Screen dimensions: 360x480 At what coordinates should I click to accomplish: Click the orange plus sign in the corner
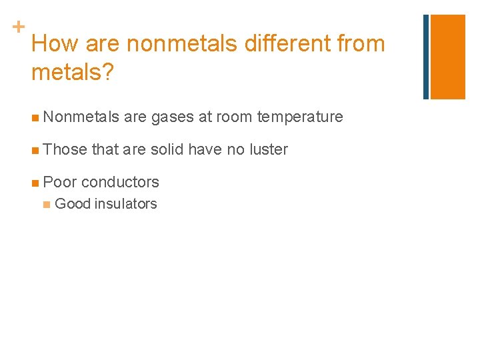[18, 27]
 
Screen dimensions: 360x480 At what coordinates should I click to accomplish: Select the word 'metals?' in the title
[73, 71]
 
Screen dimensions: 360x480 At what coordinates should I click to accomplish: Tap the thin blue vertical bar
[426, 57]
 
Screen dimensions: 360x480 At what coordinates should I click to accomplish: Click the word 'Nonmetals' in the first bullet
[81, 117]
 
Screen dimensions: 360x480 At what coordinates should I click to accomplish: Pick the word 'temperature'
[301, 118]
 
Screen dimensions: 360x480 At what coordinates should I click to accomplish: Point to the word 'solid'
[167, 149]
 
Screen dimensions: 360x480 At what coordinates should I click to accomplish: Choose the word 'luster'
[269, 149]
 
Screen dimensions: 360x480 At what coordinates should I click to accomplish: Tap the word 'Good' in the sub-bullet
[72, 204]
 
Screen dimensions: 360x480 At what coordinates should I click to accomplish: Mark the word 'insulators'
[125, 204]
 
